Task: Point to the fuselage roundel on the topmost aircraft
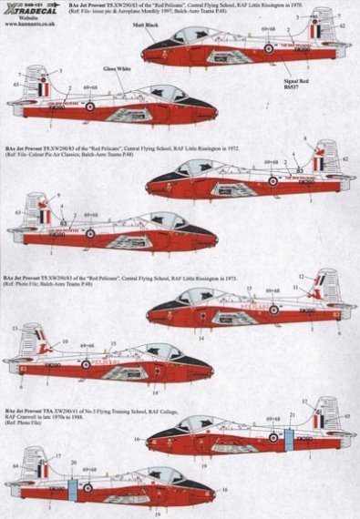[270, 48]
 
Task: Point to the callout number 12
[301, 276]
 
